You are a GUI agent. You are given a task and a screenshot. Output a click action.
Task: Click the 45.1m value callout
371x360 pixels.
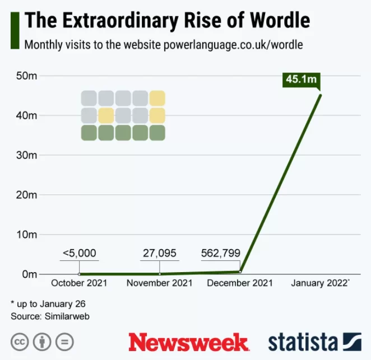click(301, 80)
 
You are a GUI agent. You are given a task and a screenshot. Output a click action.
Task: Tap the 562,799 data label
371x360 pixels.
click(220, 253)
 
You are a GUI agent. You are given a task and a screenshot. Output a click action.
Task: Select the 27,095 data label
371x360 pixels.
click(159, 253)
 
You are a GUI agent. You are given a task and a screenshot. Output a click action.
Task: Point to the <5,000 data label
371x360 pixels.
click(79, 253)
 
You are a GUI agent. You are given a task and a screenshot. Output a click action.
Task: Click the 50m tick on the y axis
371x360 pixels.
click(26, 76)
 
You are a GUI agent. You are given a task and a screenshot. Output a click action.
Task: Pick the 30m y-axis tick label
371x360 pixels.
click(26, 155)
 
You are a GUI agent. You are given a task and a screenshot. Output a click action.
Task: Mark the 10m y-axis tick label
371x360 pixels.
click(26, 235)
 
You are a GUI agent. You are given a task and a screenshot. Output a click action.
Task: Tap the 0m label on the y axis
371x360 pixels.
click(29, 274)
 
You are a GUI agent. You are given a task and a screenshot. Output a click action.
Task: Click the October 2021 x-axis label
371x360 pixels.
click(79, 283)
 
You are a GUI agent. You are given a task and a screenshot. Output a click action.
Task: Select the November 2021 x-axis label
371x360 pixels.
click(159, 283)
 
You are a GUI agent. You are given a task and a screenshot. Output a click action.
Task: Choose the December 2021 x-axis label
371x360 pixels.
click(240, 283)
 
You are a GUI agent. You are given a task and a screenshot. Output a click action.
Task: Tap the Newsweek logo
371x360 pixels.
click(188, 342)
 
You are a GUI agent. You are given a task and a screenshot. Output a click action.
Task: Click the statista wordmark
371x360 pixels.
click(303, 342)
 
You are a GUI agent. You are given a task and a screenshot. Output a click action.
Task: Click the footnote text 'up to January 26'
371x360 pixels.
click(51, 303)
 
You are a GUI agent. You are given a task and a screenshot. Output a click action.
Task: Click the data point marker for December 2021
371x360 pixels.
click(240, 272)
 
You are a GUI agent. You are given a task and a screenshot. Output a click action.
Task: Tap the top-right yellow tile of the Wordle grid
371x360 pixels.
click(157, 99)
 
